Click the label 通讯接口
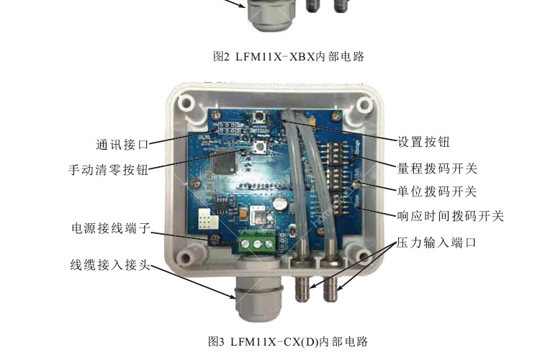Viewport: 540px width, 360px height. click(x=122, y=145)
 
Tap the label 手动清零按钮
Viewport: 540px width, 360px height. click(x=109, y=170)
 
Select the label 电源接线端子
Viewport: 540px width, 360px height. click(x=111, y=228)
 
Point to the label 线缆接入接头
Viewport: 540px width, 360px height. click(x=111, y=265)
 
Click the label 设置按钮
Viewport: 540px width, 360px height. click(x=423, y=142)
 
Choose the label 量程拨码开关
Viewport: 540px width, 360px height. click(x=437, y=168)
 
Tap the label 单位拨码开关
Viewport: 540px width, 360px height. click(x=437, y=192)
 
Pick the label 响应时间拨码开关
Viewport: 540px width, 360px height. click(x=451, y=216)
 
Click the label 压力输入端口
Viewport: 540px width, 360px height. click(x=436, y=243)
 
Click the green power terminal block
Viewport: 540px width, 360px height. click(x=257, y=243)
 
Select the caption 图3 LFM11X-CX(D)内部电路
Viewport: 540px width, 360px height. click(x=288, y=342)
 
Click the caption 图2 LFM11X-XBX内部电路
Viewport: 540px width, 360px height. click(x=289, y=56)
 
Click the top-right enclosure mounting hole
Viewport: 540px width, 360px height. click(x=364, y=104)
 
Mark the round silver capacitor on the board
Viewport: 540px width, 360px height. click(x=280, y=204)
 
